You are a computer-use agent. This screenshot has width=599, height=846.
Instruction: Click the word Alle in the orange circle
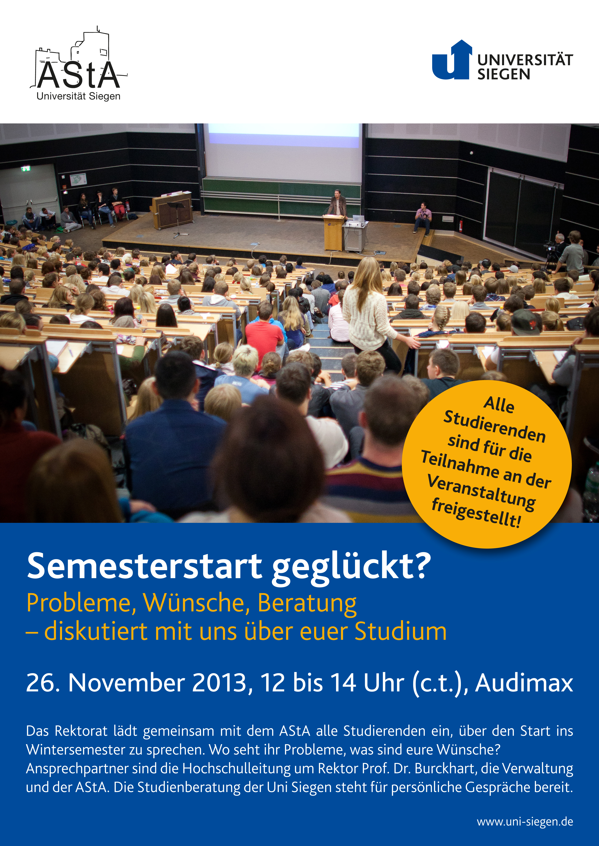[x=499, y=404]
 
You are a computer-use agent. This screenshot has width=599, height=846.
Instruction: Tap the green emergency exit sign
[x=25, y=169]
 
